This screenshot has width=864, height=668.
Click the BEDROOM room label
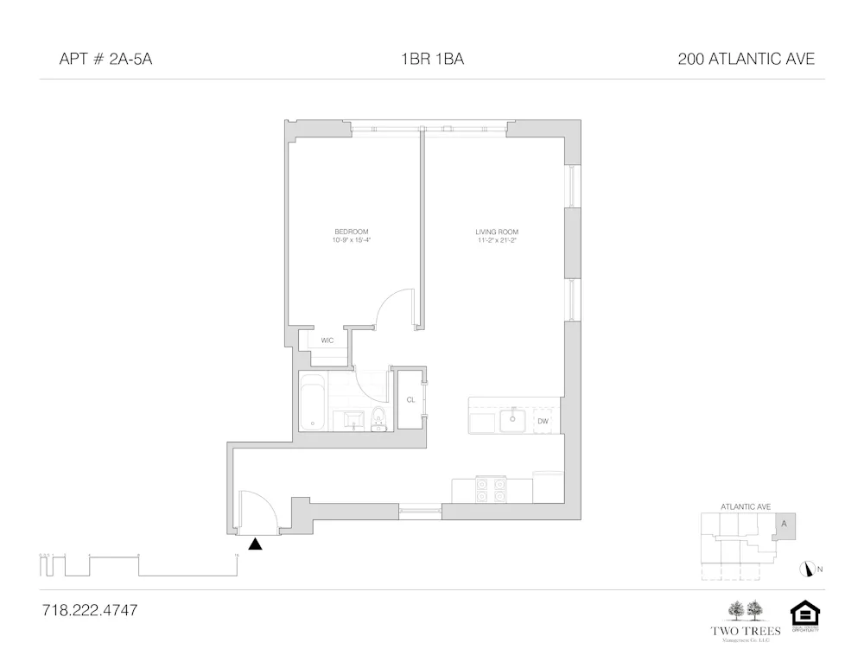point(351,232)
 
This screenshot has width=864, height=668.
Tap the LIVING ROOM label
point(496,232)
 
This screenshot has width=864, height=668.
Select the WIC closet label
point(327,340)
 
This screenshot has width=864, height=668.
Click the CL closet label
point(410,400)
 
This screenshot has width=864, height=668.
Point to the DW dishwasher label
point(543,421)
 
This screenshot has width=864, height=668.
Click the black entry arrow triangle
point(255,544)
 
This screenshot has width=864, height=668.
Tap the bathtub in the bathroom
point(312,402)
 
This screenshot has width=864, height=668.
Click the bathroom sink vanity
point(352,420)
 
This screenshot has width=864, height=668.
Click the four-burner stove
point(492,491)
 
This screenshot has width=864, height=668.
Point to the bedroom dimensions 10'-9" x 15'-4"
point(351,240)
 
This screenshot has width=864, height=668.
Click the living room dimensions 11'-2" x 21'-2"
point(496,240)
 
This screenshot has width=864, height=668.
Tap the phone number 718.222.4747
point(90,610)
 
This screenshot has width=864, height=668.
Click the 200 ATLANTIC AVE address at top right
point(746,60)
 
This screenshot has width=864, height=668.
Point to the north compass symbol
point(810,569)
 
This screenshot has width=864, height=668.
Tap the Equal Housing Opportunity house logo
point(804,614)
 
